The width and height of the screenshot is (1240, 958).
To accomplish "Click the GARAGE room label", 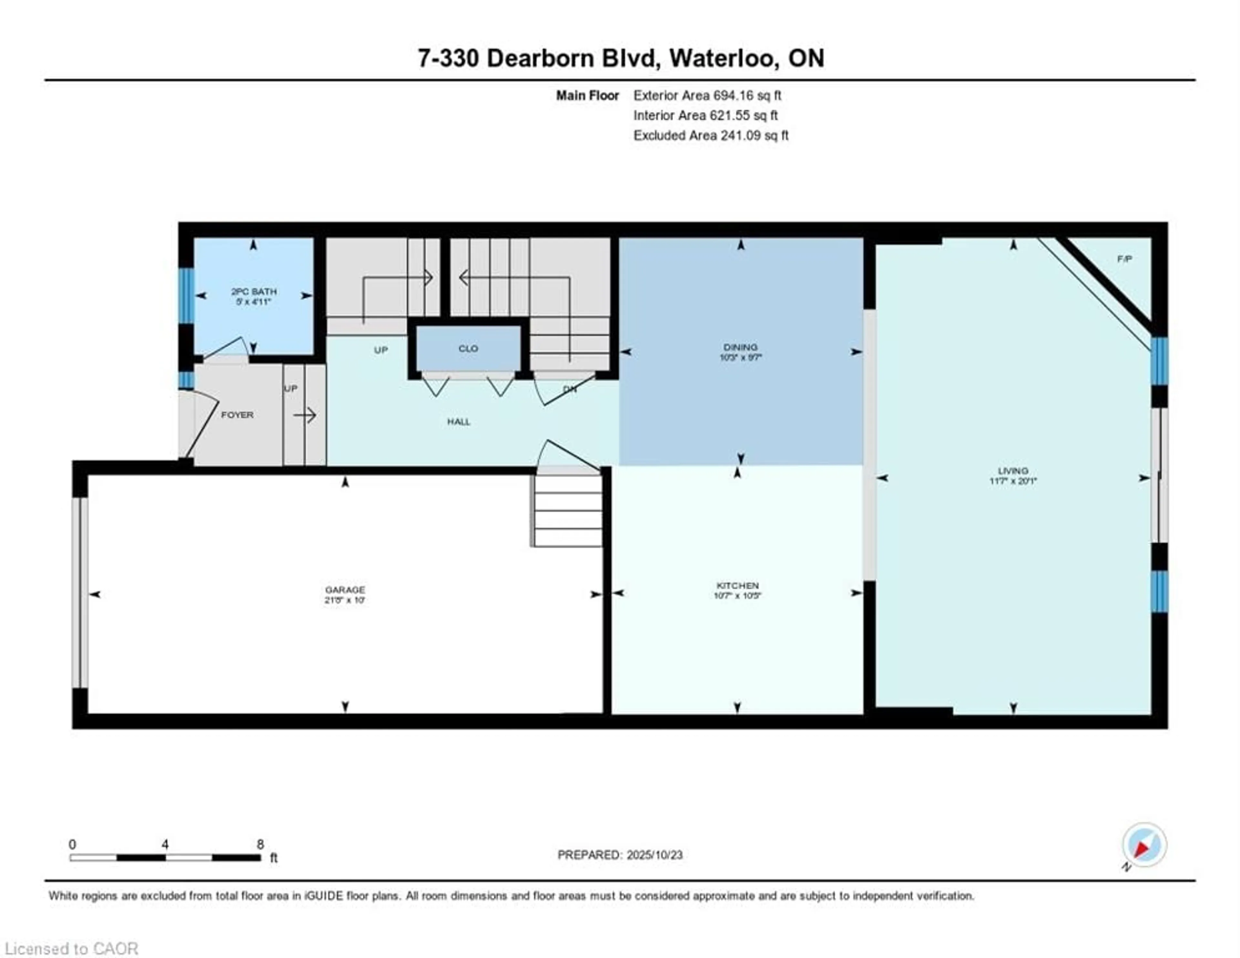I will pos(345,590).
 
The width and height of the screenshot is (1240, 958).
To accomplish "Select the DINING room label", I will pos(740,346).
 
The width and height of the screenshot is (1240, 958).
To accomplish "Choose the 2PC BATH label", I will pos(254,291).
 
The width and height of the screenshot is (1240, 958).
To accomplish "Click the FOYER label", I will pos(237,415).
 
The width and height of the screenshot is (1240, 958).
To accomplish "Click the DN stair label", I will pos(570,389).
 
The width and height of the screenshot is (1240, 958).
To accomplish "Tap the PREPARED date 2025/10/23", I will pos(651,855).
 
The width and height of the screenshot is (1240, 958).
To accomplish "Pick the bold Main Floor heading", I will pos(587,95).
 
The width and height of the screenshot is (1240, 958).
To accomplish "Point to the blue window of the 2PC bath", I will pos(186,295).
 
